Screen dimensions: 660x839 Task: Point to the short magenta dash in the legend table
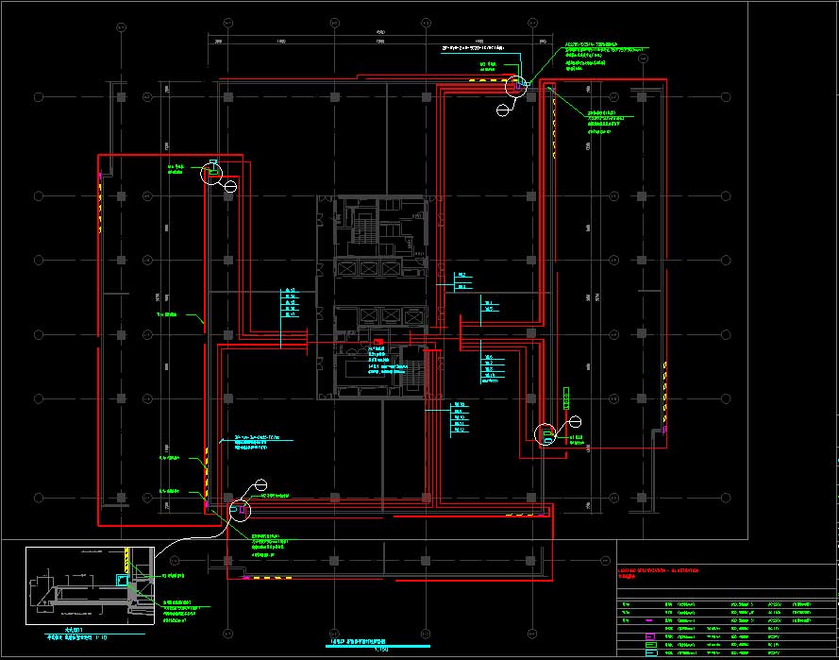650,620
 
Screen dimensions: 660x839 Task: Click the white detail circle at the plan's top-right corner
515,87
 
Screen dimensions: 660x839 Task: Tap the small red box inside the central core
378,341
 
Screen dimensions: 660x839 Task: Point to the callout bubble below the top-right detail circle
502,109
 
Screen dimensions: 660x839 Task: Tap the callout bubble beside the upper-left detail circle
231,185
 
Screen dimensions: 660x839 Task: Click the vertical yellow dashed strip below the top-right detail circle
552,123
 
